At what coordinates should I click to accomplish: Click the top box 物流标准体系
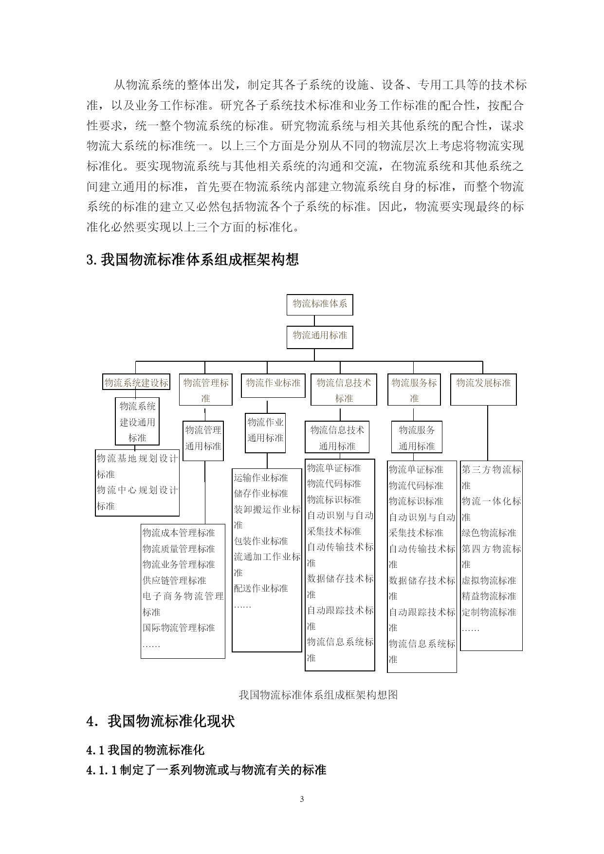(320, 304)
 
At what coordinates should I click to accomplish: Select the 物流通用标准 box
(320, 337)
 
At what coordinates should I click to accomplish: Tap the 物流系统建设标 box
(137, 383)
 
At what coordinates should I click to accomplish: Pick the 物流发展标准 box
(483, 389)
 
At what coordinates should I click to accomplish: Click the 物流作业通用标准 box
(265, 430)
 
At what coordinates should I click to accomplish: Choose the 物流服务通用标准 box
(417, 438)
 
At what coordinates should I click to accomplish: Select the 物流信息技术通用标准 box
(337, 438)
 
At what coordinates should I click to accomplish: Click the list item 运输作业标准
(261, 478)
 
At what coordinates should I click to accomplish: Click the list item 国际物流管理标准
(179, 628)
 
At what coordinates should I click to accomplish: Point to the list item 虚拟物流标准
(489, 580)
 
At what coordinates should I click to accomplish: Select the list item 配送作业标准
(261, 588)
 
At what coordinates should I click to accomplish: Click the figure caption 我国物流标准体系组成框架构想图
(318, 695)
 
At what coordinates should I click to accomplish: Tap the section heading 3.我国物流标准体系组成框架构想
(192, 260)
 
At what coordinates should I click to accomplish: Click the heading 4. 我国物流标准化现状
(161, 721)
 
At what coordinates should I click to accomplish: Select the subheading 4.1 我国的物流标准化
(146, 750)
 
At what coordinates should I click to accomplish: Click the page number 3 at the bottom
(302, 799)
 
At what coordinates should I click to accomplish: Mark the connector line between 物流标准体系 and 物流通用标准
(314, 320)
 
